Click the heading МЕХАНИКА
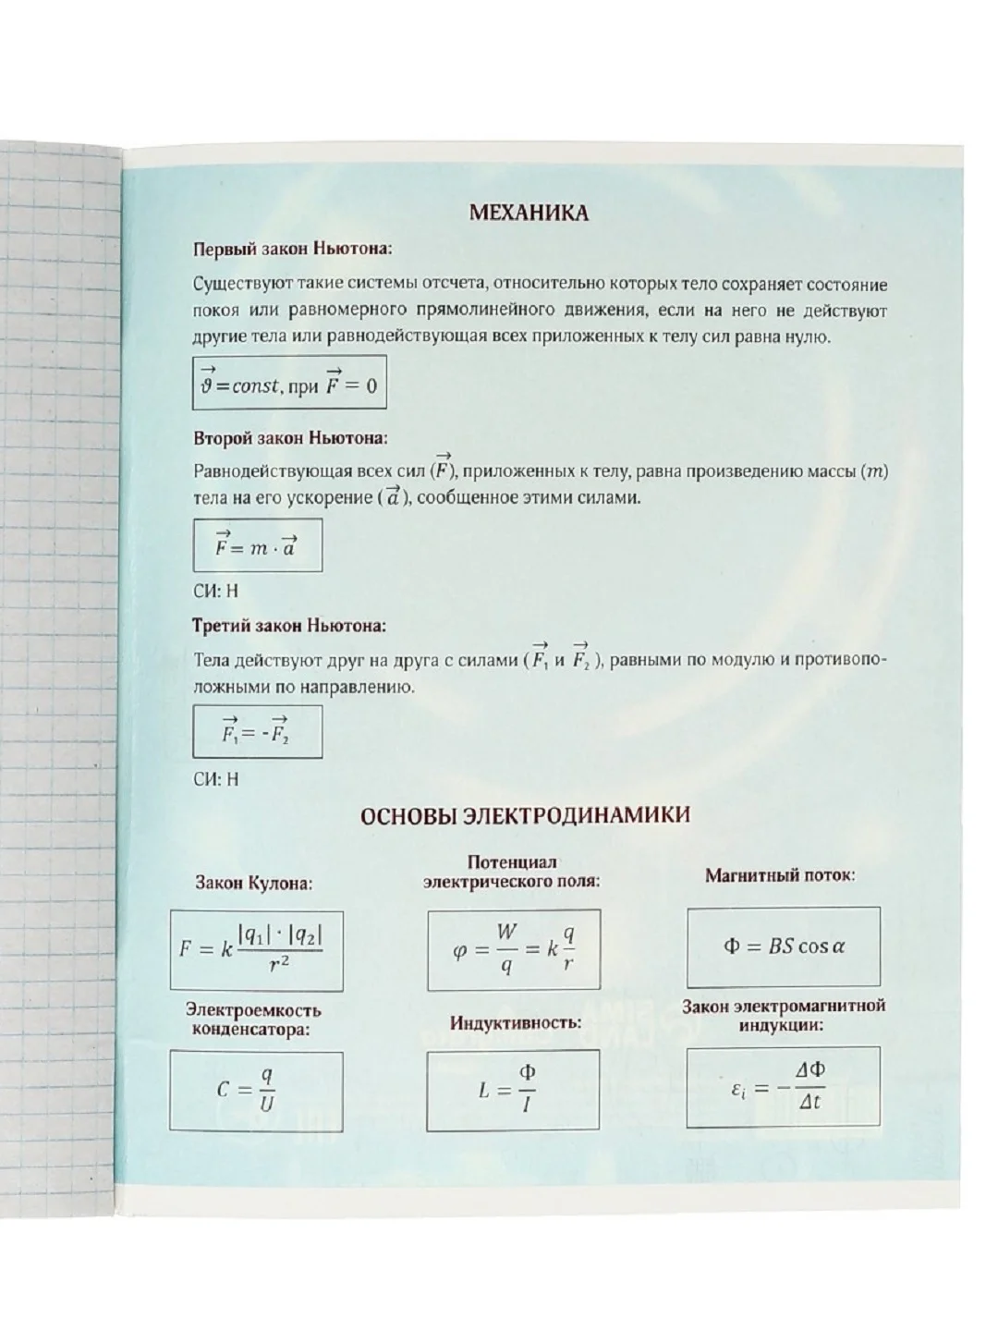tap(529, 214)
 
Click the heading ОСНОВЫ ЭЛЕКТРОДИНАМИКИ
tap(524, 815)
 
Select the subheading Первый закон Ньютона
tap(293, 250)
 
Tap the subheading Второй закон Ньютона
tap(291, 437)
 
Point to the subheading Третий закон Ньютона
tap(290, 626)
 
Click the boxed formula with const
tap(289, 383)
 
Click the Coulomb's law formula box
tap(256, 949)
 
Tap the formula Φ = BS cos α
tap(783, 947)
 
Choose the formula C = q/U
tap(256, 1092)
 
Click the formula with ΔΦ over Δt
tap(783, 1087)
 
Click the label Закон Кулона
tap(254, 883)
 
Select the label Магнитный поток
tap(780, 874)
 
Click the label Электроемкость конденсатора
tap(253, 1019)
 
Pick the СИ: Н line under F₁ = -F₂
tap(216, 778)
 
